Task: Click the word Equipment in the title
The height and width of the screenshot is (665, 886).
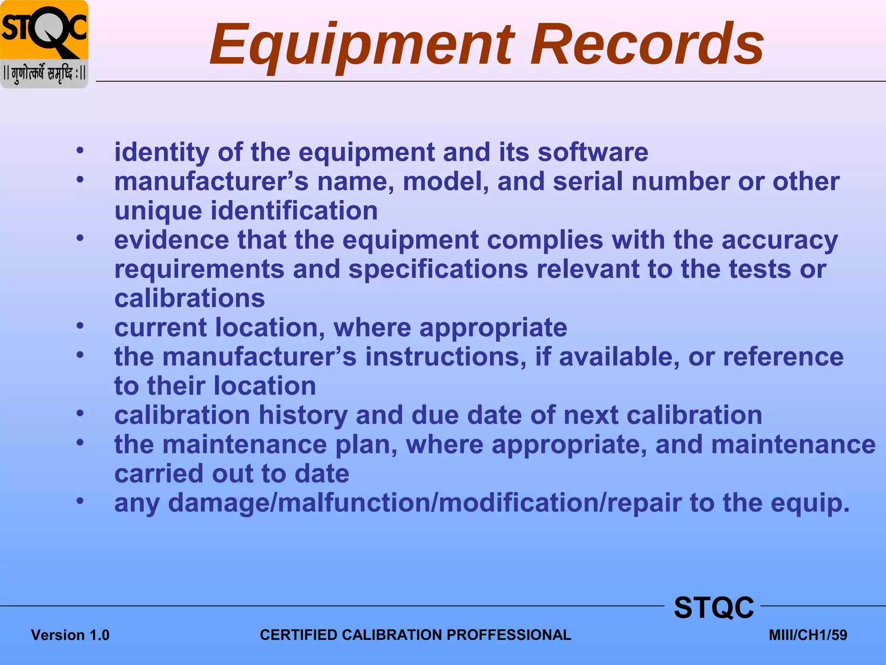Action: point(362,45)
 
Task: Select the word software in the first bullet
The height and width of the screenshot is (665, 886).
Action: point(593,152)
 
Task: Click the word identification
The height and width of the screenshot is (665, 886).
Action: point(294,211)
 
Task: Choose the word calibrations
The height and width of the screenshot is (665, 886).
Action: point(189,298)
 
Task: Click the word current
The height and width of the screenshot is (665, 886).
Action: point(161,327)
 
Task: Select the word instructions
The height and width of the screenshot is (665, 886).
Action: point(446,357)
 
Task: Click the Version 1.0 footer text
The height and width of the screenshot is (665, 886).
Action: point(70,635)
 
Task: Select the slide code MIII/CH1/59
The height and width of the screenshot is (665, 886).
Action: point(808,635)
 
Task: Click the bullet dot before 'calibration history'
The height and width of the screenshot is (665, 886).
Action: point(80,413)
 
